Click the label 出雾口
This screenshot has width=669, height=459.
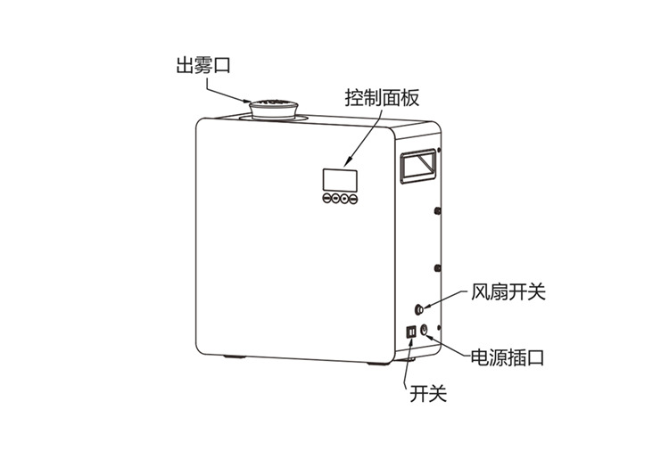[203, 66]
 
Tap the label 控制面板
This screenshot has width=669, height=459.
[382, 98]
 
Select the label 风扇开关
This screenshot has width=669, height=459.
[508, 292]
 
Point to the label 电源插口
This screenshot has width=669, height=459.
[508, 357]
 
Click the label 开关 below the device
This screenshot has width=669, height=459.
[428, 393]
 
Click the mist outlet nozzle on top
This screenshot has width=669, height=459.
[274, 109]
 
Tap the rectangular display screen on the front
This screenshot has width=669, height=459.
[340, 180]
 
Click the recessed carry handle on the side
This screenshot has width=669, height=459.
[418, 166]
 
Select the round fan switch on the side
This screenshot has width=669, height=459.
[420, 309]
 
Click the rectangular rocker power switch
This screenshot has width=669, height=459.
[411, 332]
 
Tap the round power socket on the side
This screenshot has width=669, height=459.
[425, 330]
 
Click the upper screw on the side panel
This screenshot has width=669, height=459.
[437, 210]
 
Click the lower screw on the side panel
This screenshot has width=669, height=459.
[437, 268]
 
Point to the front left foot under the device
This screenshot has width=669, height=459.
[235, 357]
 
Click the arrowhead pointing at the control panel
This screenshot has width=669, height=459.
[347, 163]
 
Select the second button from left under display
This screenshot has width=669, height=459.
[335, 198]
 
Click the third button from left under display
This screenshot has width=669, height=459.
[344, 198]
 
